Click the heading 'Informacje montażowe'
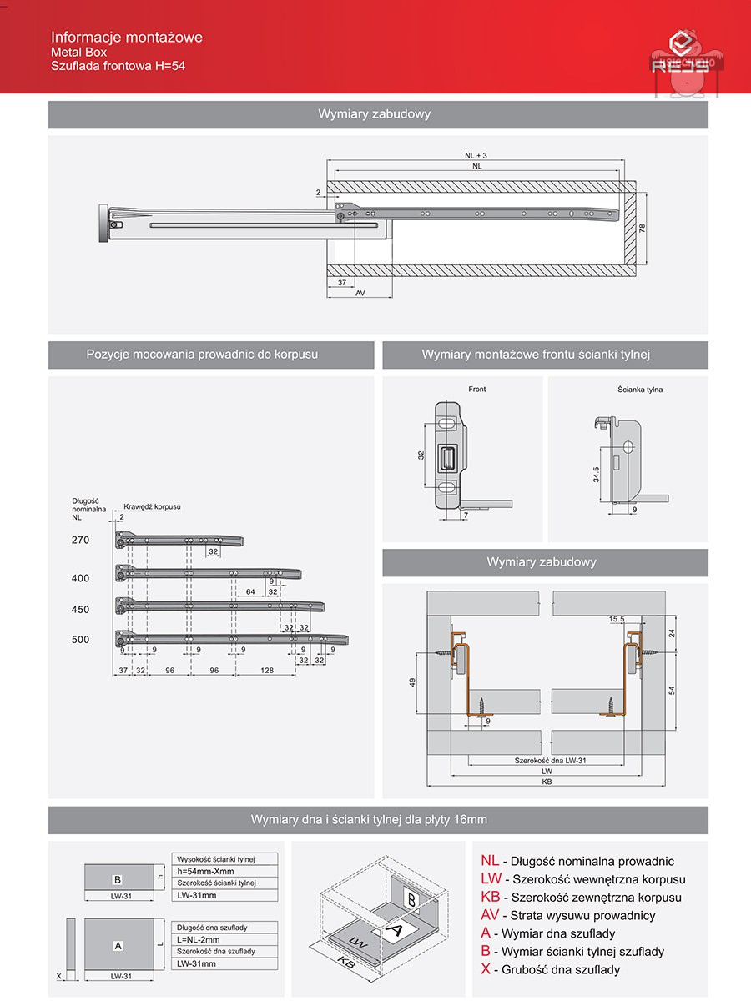pos(127,38)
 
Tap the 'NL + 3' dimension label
pos(476,155)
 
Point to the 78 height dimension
pos(643,228)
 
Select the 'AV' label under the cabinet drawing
pos(360,294)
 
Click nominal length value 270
pos(80,541)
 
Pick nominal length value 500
pos(80,640)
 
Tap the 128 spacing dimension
pos(267,671)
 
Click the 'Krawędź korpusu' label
pos(152,506)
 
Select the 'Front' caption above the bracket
pos(477,390)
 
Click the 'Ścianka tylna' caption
pos(640,390)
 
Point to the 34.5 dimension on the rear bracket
pos(597,474)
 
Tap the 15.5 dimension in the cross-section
pos(617,619)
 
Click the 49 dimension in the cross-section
pos(412,683)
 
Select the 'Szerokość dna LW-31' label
pos(550,760)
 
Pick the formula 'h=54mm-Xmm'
pos(205,871)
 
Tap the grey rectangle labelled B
pos(118,879)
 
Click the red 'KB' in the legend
pos(491,897)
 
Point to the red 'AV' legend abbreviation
pos(490,915)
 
